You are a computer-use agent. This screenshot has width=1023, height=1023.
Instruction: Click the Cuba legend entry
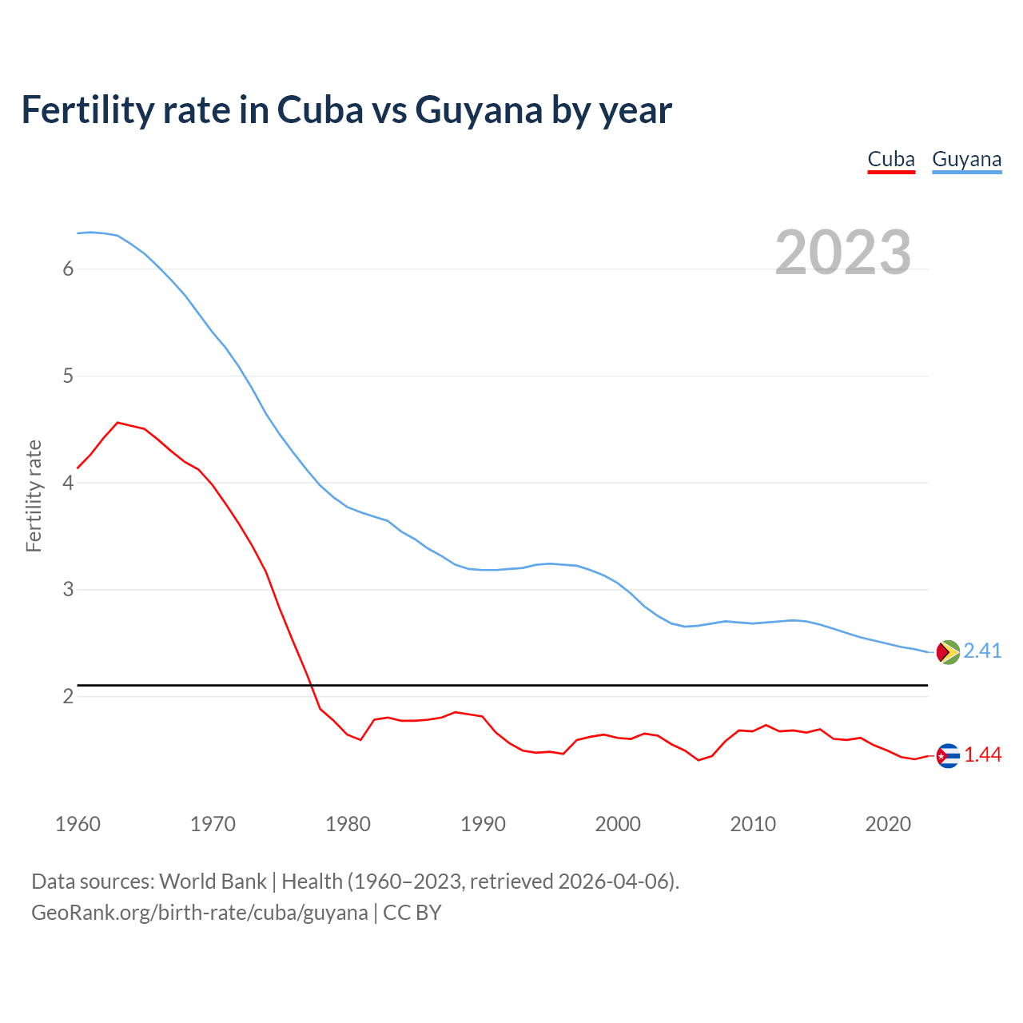point(891,159)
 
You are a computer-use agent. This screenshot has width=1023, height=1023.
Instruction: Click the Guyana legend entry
point(966,159)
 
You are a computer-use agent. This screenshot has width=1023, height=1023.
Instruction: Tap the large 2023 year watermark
point(843,253)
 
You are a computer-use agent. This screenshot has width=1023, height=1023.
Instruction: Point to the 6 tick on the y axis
point(68,269)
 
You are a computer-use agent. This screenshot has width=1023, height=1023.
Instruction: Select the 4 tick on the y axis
point(68,483)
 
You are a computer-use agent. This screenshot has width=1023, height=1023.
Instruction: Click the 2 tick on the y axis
point(68,696)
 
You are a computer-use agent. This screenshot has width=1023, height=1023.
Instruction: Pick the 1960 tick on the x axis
point(78,824)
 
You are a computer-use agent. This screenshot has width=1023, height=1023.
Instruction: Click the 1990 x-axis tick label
point(483,824)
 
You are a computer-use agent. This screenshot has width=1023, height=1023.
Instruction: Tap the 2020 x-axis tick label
point(888,824)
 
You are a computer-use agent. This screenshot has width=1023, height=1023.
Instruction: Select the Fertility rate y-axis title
point(34,496)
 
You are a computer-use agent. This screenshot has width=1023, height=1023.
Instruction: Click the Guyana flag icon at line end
point(948,652)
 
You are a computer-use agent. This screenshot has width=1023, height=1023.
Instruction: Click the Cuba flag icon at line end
point(948,755)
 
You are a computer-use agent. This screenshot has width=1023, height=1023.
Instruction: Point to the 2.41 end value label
point(982,651)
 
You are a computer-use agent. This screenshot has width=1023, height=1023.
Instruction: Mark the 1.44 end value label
point(982,755)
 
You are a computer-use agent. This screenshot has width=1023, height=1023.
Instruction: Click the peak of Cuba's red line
point(118,422)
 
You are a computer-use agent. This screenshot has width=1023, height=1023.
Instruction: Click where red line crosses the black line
point(311,685)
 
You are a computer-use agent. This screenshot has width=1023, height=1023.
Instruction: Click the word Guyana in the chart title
point(479,110)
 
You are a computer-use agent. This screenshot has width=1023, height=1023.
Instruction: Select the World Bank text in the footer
point(213,882)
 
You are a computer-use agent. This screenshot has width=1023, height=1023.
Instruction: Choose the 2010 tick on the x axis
point(753,824)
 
